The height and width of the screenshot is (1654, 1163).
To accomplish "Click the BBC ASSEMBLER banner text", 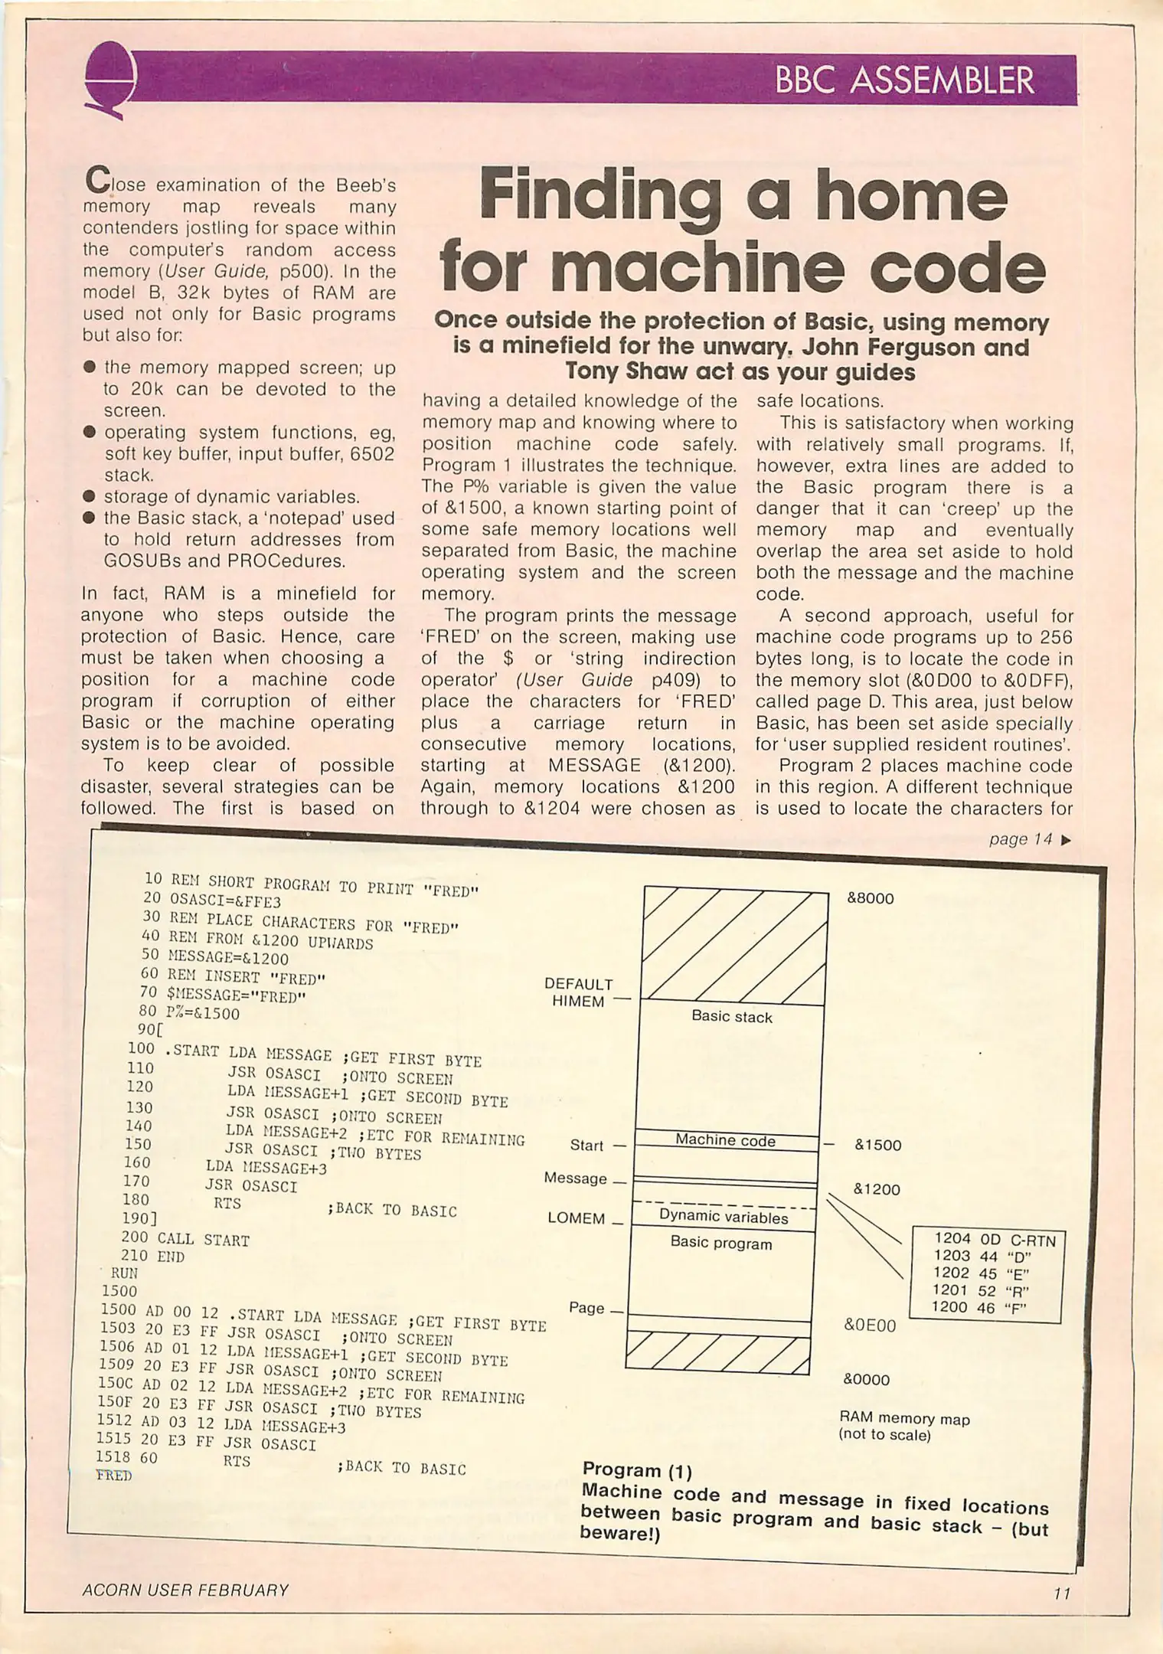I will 904,80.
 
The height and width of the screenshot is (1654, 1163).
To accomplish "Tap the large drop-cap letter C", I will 97,181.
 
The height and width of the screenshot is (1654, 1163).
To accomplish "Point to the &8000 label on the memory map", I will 870,898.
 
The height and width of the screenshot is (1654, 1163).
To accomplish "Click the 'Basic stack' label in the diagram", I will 731,1017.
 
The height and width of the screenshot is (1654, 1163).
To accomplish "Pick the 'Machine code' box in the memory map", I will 725,1140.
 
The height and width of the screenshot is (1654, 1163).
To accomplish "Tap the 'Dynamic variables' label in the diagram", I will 723,1217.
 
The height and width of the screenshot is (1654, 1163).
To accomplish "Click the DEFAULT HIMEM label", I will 579,992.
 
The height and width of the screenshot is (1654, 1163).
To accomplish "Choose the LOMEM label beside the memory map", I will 576,1218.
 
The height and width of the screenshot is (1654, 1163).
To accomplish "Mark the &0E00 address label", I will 869,1325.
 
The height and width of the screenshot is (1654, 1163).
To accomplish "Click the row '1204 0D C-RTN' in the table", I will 994,1240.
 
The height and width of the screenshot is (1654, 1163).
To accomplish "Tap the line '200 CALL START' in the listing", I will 185,1239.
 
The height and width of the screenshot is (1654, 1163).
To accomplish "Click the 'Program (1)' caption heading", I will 637,1470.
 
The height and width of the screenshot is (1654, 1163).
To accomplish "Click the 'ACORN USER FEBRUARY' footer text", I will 185,1590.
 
